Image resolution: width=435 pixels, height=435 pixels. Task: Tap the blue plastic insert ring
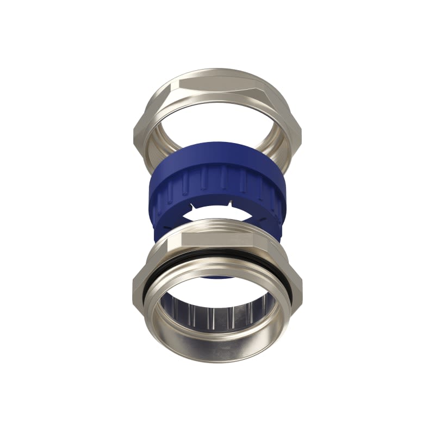click(217, 185)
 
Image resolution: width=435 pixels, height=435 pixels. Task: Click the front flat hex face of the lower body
click(217, 239)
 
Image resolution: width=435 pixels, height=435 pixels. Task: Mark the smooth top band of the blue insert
click(217, 158)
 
